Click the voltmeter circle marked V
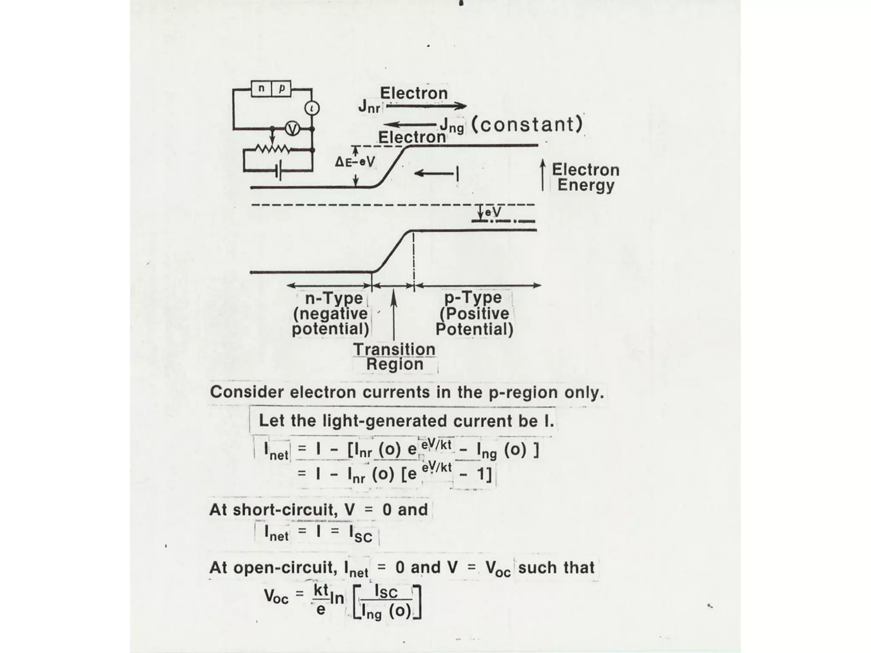click(292, 128)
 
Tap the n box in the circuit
click(261, 88)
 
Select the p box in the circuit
click(282, 88)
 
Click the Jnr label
click(369, 106)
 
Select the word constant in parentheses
click(527, 125)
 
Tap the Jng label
click(452, 125)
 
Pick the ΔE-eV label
click(355, 162)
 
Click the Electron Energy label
click(585, 177)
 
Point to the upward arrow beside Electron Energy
click(543, 175)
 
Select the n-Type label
click(334, 298)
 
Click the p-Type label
click(473, 298)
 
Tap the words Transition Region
click(394, 357)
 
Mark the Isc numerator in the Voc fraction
click(386, 592)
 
